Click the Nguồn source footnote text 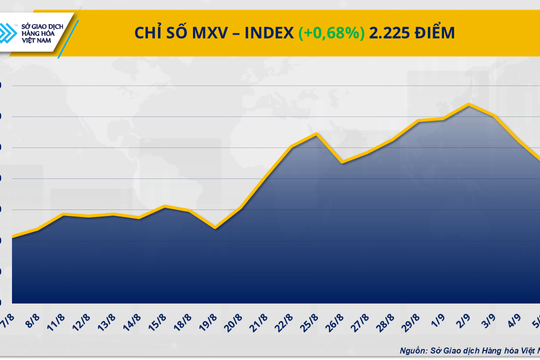pos(469,350)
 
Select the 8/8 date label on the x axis pos(33,322)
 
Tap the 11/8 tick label pos(58,323)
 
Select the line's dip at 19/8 pos(215,228)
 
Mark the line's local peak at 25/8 pos(316,134)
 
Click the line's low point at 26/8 pos(342,162)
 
